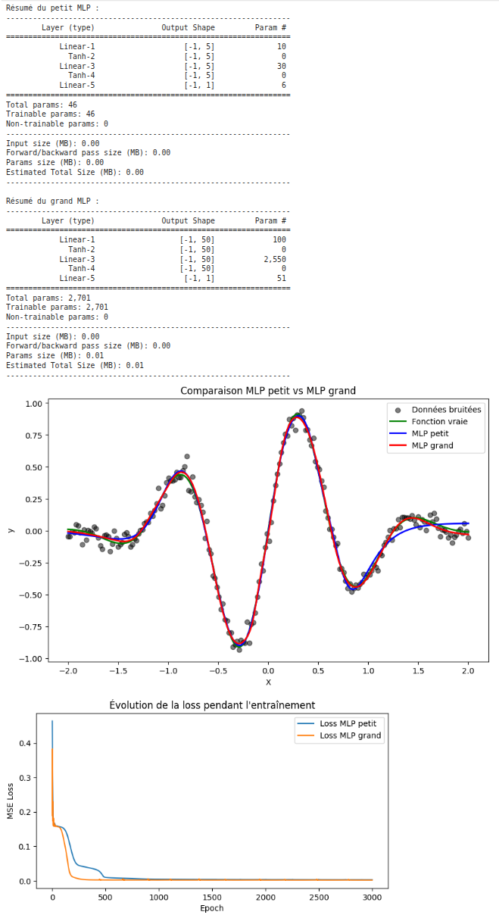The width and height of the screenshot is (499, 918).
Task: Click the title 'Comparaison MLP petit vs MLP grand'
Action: [267, 391]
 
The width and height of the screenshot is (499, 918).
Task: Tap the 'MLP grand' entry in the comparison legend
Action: [432, 445]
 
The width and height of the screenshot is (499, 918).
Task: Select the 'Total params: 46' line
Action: [41, 105]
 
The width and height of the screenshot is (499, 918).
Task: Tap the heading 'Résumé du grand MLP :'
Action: [52, 201]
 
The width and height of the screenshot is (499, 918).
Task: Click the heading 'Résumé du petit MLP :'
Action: [52, 8]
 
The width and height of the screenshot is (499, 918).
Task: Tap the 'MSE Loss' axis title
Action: [11, 800]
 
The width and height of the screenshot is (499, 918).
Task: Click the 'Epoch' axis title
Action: [211, 907]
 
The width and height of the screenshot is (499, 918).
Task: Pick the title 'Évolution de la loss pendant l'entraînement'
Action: [212, 705]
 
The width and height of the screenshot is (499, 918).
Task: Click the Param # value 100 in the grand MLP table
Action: [279, 239]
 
